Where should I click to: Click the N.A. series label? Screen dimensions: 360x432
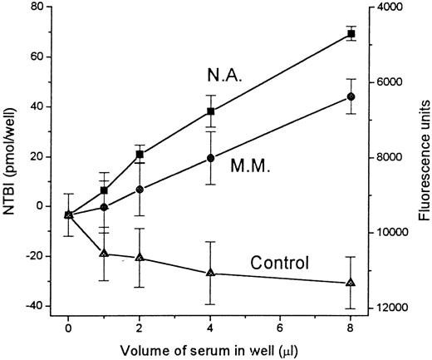pos(224,76)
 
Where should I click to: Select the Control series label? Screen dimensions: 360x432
pos(280,264)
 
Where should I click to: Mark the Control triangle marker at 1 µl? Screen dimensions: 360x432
pos(104,253)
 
